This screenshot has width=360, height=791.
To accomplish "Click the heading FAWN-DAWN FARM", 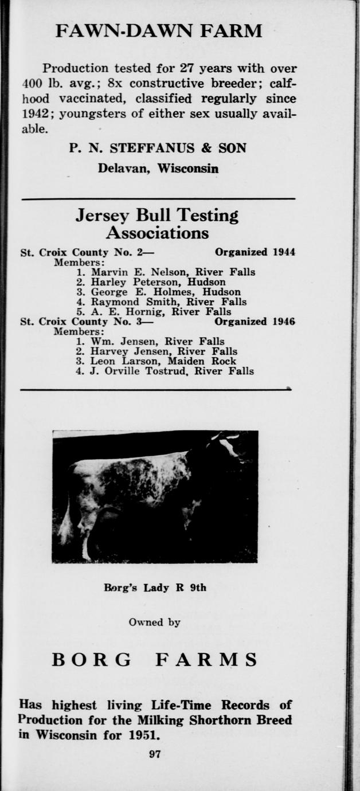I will pyautogui.click(x=159, y=30).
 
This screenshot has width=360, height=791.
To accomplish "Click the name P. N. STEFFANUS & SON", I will pyautogui.click(x=158, y=148).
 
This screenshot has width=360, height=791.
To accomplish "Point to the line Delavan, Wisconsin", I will pyautogui.click(x=158, y=169).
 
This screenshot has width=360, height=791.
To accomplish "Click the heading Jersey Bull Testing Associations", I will pyautogui.click(x=157, y=224).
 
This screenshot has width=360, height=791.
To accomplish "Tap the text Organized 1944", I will pyautogui.click(x=255, y=252).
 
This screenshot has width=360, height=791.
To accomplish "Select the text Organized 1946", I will pyautogui.click(x=255, y=322).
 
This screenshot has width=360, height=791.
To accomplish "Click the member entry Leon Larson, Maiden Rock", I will pyautogui.click(x=155, y=361).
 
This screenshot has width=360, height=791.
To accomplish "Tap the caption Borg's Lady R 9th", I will pyautogui.click(x=155, y=588).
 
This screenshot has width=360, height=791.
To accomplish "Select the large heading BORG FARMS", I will pyautogui.click(x=155, y=660).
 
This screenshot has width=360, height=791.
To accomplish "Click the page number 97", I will pyautogui.click(x=155, y=754).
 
